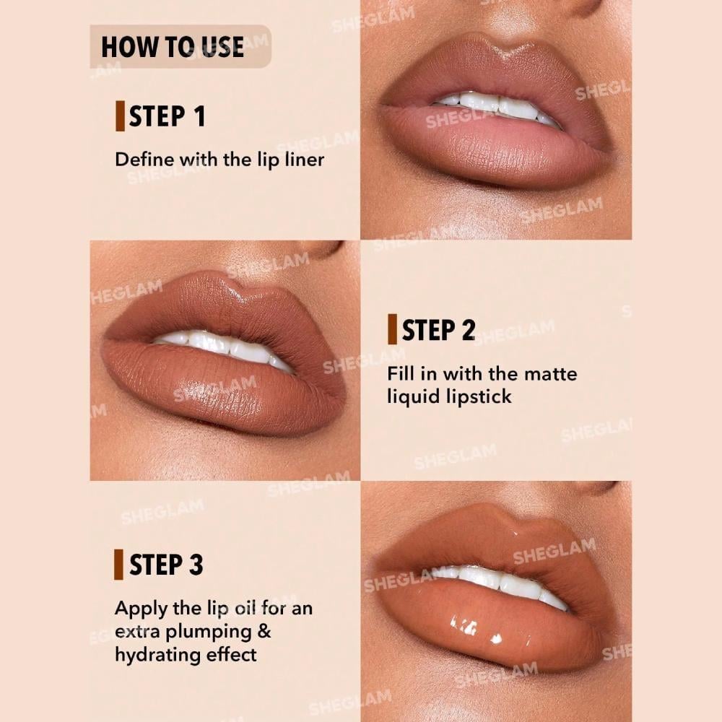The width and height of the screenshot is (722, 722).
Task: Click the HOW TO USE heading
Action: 173,48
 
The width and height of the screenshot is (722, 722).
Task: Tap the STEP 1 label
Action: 167,116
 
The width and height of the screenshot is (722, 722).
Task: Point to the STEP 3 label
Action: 166,565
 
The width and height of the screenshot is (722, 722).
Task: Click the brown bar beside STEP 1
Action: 120,116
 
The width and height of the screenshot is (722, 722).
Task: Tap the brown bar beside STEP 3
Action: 118,565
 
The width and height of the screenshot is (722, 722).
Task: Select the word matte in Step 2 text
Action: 551,374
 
